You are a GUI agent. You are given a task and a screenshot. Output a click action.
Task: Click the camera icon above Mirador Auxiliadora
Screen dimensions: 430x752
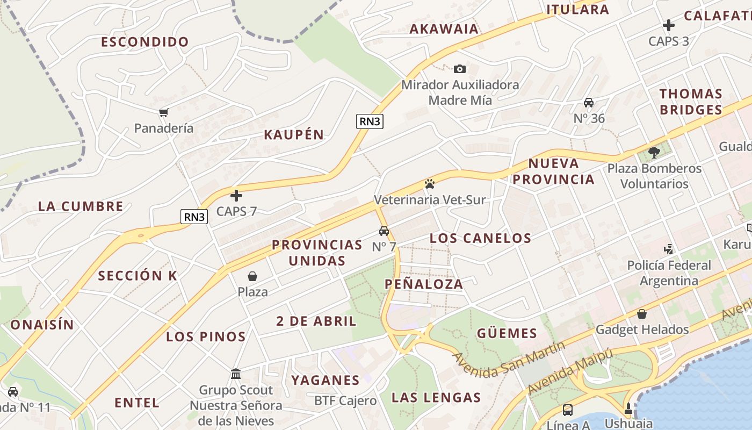tap(460, 69)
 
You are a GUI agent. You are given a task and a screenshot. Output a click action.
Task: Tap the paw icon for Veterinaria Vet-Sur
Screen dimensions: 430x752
tap(429, 184)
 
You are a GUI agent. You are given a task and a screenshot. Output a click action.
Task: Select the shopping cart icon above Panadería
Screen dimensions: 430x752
tap(164, 112)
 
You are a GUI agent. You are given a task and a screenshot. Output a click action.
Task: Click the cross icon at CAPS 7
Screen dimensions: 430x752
tap(236, 196)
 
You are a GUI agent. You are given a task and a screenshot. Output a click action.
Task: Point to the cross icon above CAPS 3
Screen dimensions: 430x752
tap(668, 25)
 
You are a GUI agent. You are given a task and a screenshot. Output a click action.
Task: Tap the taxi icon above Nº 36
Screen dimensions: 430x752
tap(589, 103)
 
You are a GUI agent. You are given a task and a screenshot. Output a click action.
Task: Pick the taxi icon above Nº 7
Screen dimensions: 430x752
tap(384, 231)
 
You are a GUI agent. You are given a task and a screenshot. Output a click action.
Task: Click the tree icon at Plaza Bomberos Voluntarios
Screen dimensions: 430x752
tap(654, 153)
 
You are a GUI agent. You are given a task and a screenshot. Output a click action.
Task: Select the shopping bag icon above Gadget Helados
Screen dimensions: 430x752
tap(641, 314)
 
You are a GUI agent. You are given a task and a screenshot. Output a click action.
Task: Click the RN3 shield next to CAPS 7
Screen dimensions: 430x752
tap(194, 217)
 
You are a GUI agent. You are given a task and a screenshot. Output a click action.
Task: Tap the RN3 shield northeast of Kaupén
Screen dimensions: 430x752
tap(370, 121)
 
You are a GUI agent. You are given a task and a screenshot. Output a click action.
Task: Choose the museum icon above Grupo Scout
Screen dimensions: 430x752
tap(236, 374)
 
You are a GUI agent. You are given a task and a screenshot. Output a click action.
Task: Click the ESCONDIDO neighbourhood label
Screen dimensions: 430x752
tap(145, 42)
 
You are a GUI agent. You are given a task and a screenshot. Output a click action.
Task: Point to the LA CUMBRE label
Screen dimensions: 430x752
tap(81, 206)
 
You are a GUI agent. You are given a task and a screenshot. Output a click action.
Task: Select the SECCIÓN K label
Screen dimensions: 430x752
tap(138, 276)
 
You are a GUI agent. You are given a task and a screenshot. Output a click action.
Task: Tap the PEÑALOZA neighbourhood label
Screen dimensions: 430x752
tap(424, 284)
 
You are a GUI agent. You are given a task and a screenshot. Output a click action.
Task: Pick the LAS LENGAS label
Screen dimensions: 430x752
tap(436, 398)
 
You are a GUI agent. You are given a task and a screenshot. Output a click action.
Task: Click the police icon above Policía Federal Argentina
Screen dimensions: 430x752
tap(669, 249)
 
